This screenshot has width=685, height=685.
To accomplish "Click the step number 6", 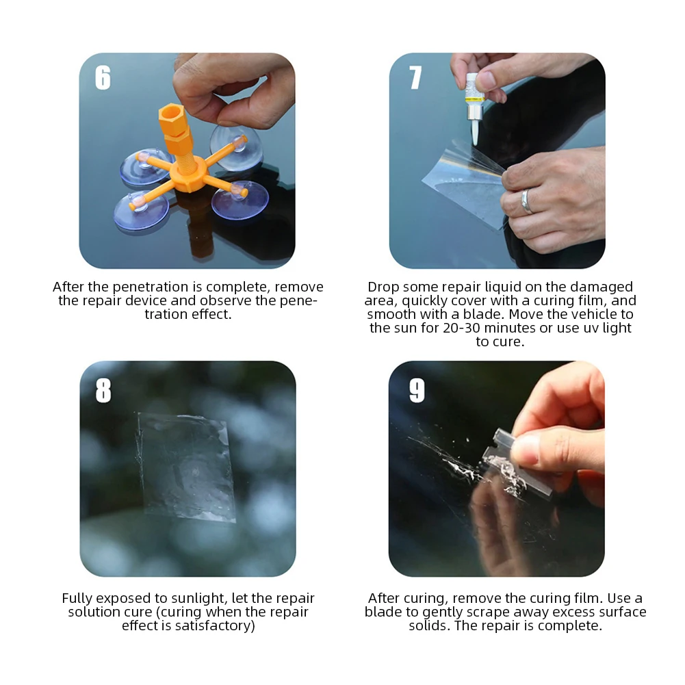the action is coord(103,78).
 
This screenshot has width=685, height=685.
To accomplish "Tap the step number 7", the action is coord(415,78).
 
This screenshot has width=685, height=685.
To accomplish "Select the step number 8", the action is coord(103,390).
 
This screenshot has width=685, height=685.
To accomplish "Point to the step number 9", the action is coord(417,390).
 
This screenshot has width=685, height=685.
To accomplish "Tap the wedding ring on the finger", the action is coord(526,201).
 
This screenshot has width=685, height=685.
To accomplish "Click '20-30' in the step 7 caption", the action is coord(461,328).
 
